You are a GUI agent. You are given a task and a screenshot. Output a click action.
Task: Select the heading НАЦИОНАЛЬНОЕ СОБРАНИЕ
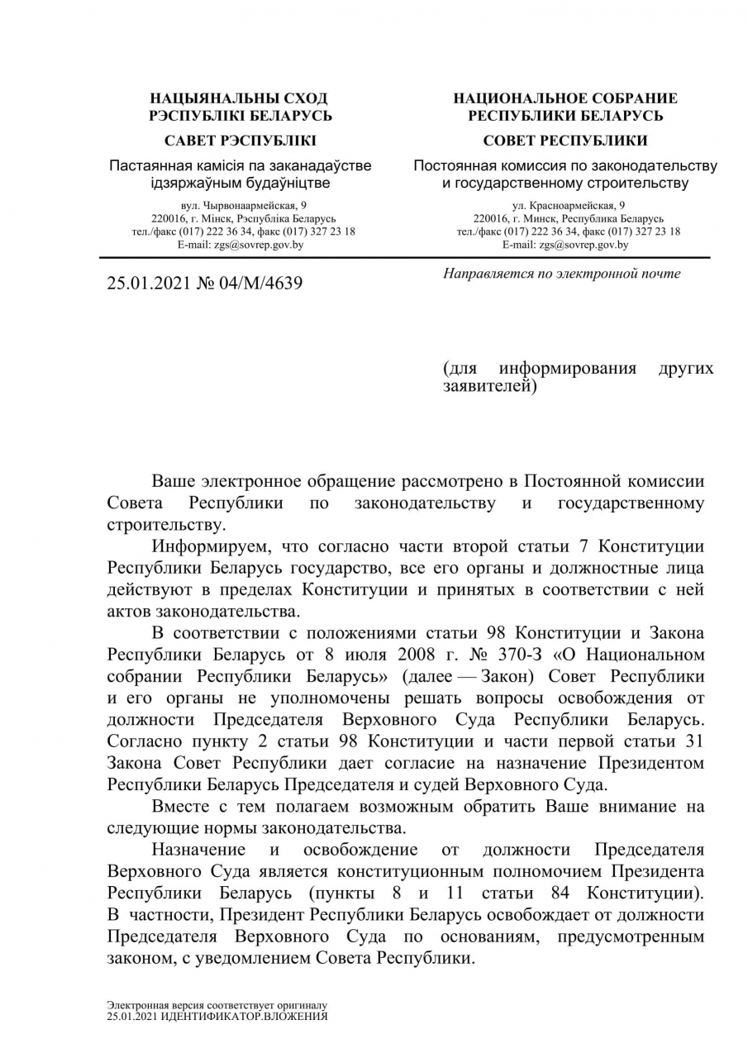(x=565, y=98)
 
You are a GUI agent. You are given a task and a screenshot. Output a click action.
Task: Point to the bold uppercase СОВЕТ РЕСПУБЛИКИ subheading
(x=565, y=141)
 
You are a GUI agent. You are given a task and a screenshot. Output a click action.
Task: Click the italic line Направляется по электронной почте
(x=562, y=274)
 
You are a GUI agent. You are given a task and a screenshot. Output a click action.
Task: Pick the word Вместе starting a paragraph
(x=180, y=807)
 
